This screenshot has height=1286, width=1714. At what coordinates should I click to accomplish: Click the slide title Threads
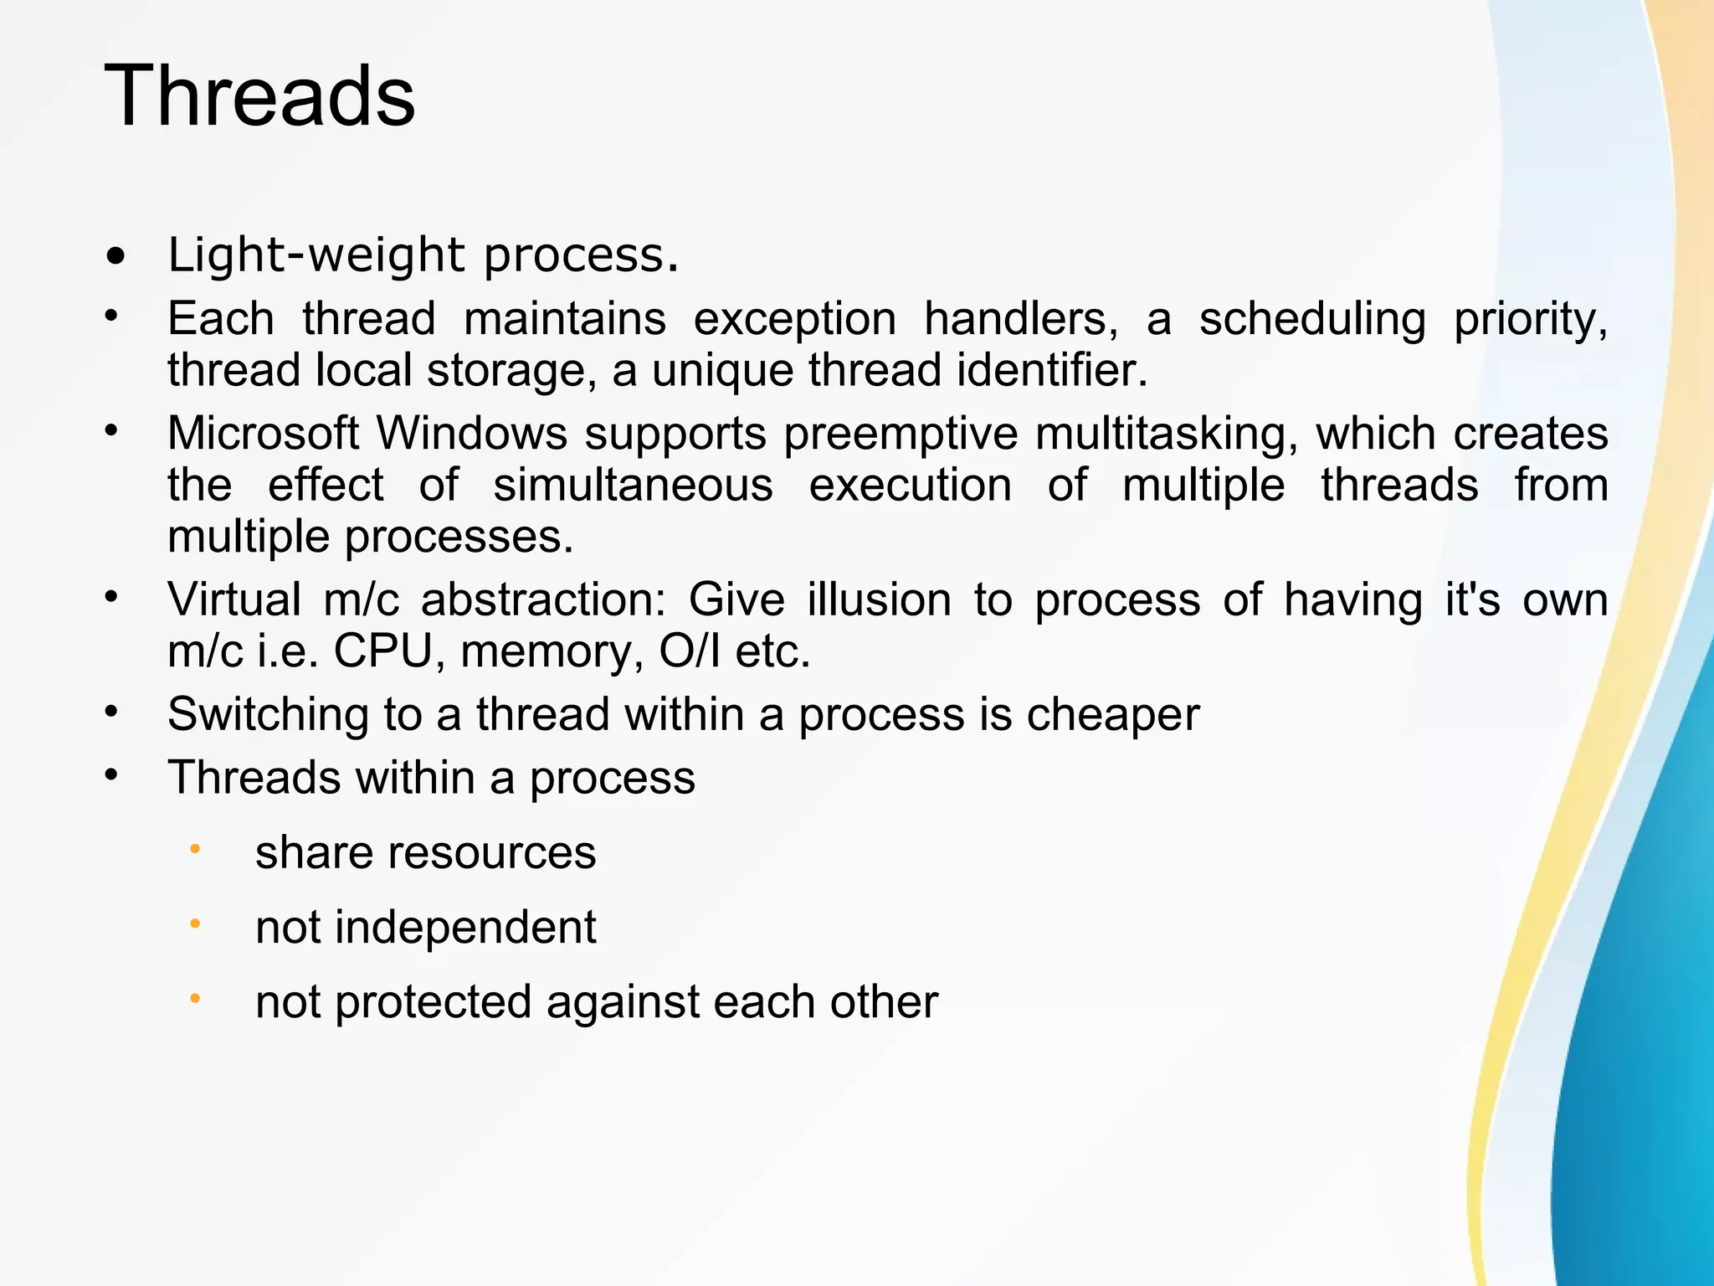[x=259, y=96]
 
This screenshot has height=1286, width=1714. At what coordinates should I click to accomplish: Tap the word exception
[x=794, y=319]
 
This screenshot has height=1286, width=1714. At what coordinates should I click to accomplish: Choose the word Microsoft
[x=263, y=434]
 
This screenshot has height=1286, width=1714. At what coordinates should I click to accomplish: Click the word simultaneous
[x=633, y=486]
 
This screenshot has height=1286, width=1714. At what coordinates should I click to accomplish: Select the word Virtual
[x=234, y=599]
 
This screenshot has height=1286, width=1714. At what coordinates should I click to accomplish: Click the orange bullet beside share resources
[x=195, y=850]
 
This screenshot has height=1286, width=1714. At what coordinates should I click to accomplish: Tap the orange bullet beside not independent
[x=195, y=924]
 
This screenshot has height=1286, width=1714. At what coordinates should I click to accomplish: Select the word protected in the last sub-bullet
[x=433, y=1001]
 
